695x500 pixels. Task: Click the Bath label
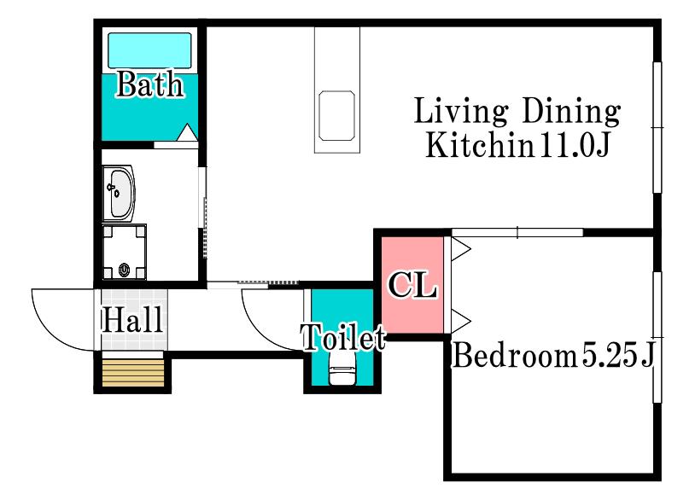pos(149,84)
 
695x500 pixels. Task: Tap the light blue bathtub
pos(149,50)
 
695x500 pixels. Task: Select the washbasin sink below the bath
pos(119,193)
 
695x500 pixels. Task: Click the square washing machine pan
pos(125,253)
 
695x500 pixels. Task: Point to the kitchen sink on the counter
pos(337,115)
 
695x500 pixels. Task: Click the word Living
pos(460,112)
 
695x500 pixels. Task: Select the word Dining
pos(571,112)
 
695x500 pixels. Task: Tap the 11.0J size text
pos(575,146)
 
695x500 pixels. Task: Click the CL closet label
pos(412,285)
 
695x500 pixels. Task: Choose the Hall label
pos(132,320)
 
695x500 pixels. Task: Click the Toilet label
pos(343,338)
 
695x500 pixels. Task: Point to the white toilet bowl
pos(342,375)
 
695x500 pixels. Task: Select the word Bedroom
pos(515,355)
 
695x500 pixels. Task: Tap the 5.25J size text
pos(618,355)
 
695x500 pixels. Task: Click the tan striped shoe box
pos(133,372)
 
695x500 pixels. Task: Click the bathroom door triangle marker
pos(188,132)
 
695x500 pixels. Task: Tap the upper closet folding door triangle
pos(461,248)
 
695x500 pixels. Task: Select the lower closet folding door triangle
pos(461,321)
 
